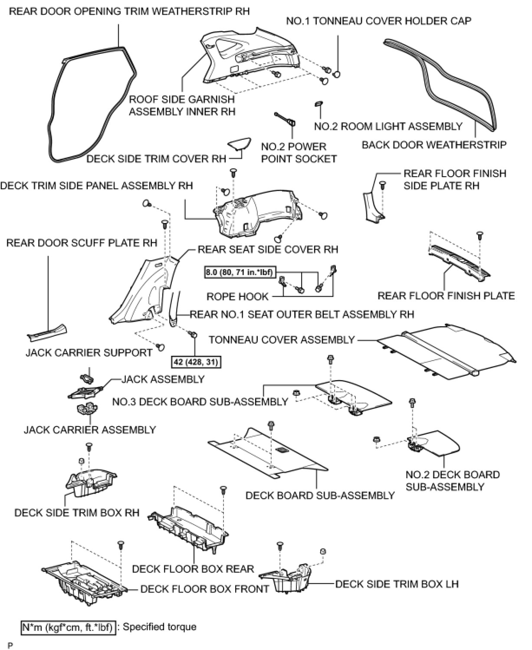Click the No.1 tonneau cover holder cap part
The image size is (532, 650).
[336, 74]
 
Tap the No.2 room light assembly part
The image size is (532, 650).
[318, 104]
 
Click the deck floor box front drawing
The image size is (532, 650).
[82, 584]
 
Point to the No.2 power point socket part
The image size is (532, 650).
[286, 120]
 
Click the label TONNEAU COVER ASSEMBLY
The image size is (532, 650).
[282, 340]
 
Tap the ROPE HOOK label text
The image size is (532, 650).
[237, 297]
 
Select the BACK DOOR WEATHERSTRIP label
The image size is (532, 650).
[434, 145]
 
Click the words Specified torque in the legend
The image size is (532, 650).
[159, 627]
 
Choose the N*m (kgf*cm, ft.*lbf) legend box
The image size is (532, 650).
[69, 627]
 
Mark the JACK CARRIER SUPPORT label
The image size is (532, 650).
[89, 353]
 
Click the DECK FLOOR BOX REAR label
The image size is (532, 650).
[193, 569]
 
